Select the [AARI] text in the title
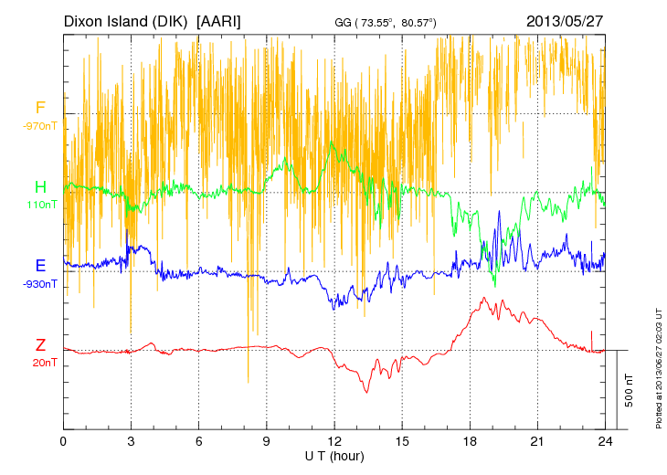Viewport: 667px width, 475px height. [x=219, y=20]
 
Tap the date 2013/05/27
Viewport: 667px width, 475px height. [x=565, y=20]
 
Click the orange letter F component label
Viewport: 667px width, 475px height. [x=40, y=109]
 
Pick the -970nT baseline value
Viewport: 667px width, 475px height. [x=40, y=126]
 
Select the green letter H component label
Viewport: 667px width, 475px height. [x=40, y=187]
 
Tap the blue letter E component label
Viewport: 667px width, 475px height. [x=40, y=266]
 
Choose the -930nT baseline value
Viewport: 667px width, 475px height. [x=40, y=283]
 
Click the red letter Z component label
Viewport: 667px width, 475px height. [x=40, y=345]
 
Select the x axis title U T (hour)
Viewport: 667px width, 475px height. [x=334, y=455]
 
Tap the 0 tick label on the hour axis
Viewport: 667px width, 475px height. [x=63, y=441]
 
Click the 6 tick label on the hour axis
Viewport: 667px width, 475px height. [x=199, y=441]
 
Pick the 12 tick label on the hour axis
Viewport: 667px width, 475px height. [x=334, y=441]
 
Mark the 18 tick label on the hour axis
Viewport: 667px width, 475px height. [x=471, y=441]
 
